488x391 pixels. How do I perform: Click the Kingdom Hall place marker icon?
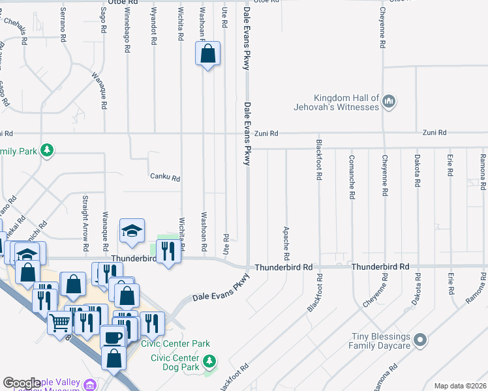click(389, 101)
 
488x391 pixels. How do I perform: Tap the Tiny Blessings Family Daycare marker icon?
click(421, 340)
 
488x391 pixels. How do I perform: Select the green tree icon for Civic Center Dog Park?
click(209, 360)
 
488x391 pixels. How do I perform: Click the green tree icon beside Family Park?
click(46, 151)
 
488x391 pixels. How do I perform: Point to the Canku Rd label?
click(164, 177)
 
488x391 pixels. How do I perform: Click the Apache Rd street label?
click(286, 240)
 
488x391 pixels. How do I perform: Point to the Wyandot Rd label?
click(154, 27)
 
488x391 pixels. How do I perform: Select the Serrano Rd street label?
click(63, 27)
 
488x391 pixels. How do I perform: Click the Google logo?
click(22, 383)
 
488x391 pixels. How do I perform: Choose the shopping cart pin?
click(59, 321)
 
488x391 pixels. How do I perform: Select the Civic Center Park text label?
click(179, 343)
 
